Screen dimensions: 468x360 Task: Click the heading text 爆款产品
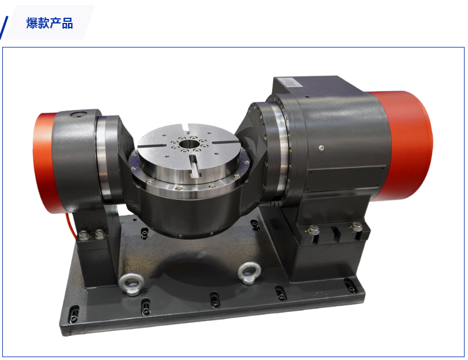[x=49, y=23]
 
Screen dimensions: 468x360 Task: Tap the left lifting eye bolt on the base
[x=131, y=284]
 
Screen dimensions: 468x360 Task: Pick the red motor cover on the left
[x=45, y=163]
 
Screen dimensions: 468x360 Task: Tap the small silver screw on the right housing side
[x=321, y=148]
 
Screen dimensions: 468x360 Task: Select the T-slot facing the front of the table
[x=194, y=165]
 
